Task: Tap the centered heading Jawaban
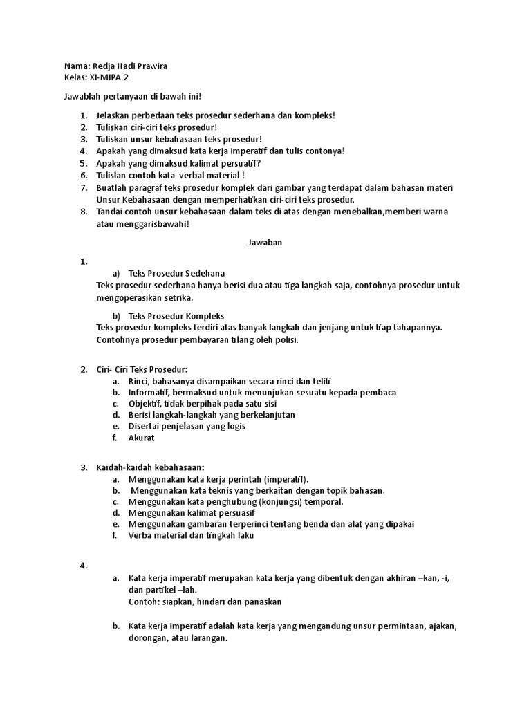(265, 243)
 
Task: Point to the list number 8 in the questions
(82, 212)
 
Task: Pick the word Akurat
(142, 438)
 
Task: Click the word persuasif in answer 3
(236, 513)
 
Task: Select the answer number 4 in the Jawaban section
(82, 566)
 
